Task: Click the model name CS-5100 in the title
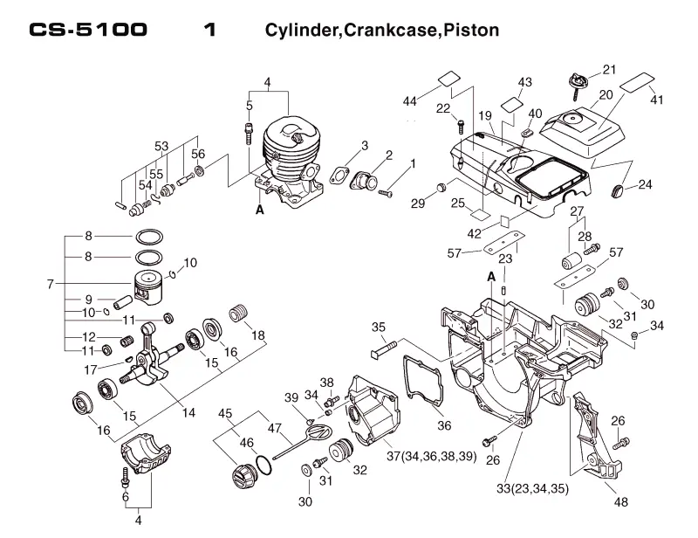click(x=88, y=30)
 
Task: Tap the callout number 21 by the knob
click(x=609, y=70)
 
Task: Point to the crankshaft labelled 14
click(x=151, y=355)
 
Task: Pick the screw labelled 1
click(x=385, y=193)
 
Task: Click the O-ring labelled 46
click(x=264, y=465)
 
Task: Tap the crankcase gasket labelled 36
click(x=423, y=381)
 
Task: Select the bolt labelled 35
click(x=384, y=348)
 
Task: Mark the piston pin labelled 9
click(x=124, y=302)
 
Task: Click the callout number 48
click(x=621, y=502)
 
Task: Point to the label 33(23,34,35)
click(x=532, y=488)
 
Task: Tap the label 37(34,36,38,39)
click(x=431, y=457)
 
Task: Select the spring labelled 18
click(x=237, y=314)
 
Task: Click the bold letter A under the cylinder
click(x=259, y=210)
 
